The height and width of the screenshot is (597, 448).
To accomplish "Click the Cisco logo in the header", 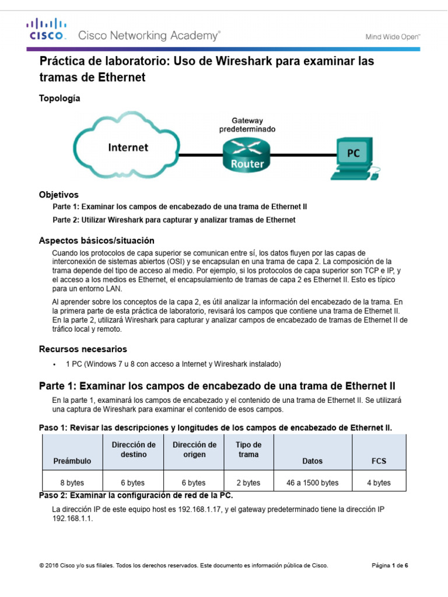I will (47, 30).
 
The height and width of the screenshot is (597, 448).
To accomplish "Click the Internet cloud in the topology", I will (128, 148).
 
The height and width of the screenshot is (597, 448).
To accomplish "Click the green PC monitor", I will (353, 154).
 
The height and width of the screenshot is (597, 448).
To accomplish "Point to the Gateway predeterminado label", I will (247, 124).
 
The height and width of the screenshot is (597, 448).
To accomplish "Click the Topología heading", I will (60, 99).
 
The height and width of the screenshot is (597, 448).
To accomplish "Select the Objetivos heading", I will (58, 194).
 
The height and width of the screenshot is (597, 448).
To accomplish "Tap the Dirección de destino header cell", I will (134, 449).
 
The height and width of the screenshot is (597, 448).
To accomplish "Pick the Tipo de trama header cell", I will (248, 449).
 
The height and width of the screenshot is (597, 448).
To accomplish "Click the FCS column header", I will (379, 461).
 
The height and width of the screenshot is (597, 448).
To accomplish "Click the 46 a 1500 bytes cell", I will (313, 483).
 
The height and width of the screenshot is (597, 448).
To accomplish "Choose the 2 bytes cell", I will (248, 483).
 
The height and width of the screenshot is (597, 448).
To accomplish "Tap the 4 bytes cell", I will (379, 483).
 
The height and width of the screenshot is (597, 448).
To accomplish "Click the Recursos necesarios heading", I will (82, 349).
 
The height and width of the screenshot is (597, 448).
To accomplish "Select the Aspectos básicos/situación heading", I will (96, 240).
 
